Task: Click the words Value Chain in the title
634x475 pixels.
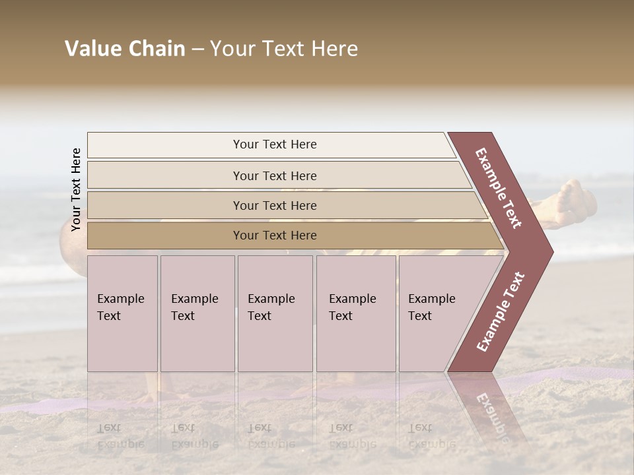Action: click(x=125, y=49)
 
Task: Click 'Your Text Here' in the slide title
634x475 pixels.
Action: click(x=283, y=49)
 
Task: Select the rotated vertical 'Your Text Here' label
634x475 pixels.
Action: click(x=76, y=189)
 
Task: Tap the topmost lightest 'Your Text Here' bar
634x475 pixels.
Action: click(x=274, y=144)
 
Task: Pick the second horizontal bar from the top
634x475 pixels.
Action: click(x=274, y=175)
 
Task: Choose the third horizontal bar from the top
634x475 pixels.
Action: click(x=274, y=205)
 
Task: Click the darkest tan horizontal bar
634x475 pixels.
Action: click(x=274, y=236)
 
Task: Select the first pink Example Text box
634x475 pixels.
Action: click(x=122, y=313)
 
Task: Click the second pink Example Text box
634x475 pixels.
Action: click(x=197, y=313)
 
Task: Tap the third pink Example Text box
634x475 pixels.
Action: click(x=275, y=313)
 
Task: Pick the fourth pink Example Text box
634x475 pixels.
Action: click(x=356, y=313)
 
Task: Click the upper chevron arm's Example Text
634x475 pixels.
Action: click(x=499, y=188)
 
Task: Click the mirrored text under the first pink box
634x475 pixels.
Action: click(x=120, y=436)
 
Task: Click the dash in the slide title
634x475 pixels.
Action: click(x=197, y=49)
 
